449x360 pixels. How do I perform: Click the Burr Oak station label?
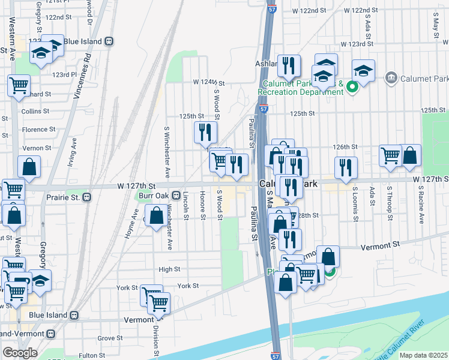(152, 196)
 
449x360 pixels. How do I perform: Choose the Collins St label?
(35, 112)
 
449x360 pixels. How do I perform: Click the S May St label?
(435, 26)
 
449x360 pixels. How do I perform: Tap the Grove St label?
(110, 338)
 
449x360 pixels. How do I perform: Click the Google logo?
(20, 353)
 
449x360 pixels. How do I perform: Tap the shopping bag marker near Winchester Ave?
(156, 216)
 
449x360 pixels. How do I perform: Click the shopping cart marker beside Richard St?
(19, 85)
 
